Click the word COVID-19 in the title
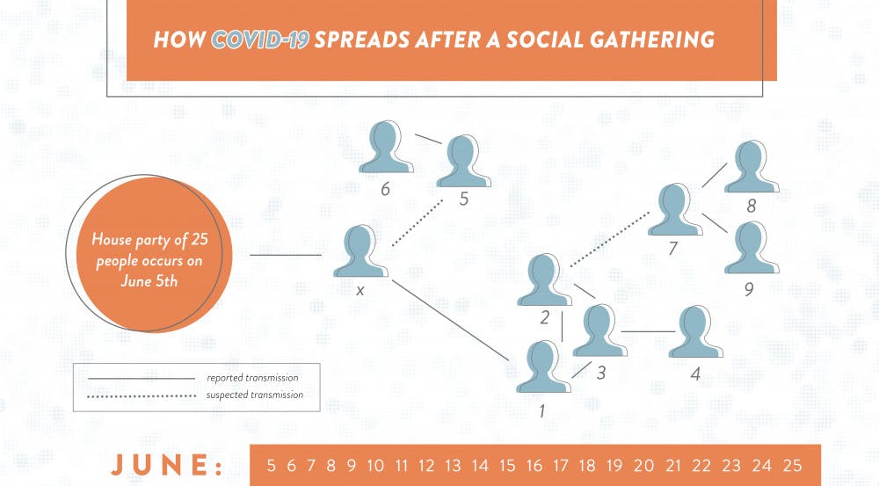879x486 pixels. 260,41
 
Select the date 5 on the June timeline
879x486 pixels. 270,466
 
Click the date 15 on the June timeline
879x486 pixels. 505,466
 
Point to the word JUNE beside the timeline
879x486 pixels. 165,466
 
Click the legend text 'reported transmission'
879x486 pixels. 252,378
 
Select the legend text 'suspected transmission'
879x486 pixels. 254,395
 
